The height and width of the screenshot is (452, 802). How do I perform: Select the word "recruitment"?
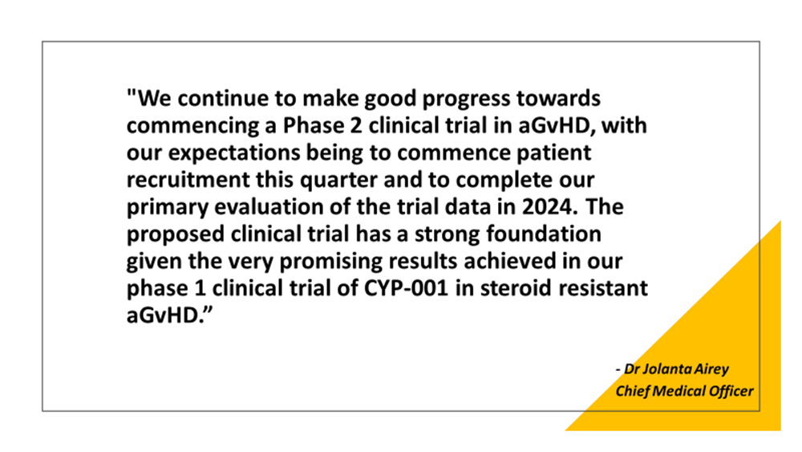[x=188, y=180]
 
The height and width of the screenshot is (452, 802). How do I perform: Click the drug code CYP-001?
[x=406, y=288]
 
